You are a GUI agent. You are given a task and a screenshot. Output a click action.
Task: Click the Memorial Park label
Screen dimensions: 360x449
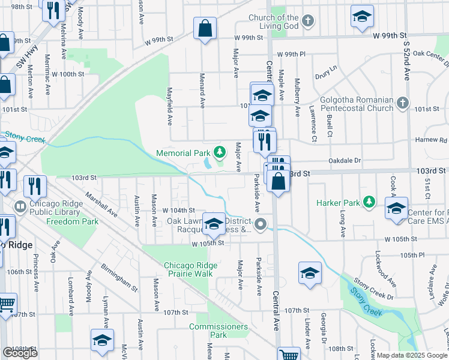tap(183, 153)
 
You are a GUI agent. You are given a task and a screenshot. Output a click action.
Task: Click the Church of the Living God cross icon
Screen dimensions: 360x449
tap(307, 22)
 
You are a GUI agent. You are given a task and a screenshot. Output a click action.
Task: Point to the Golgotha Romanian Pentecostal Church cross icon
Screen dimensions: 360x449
tap(402, 104)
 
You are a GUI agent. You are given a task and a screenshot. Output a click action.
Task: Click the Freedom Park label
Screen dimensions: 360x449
tap(73, 221)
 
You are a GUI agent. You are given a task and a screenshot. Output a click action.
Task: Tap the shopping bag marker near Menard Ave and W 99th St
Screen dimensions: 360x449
tap(205, 28)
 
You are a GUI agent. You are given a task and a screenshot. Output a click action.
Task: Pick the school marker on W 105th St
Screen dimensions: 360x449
tap(213, 224)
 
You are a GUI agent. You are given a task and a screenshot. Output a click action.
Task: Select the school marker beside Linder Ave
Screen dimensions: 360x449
tap(310, 274)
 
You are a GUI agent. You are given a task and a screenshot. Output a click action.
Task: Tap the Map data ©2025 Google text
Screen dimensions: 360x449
tap(412, 355)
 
